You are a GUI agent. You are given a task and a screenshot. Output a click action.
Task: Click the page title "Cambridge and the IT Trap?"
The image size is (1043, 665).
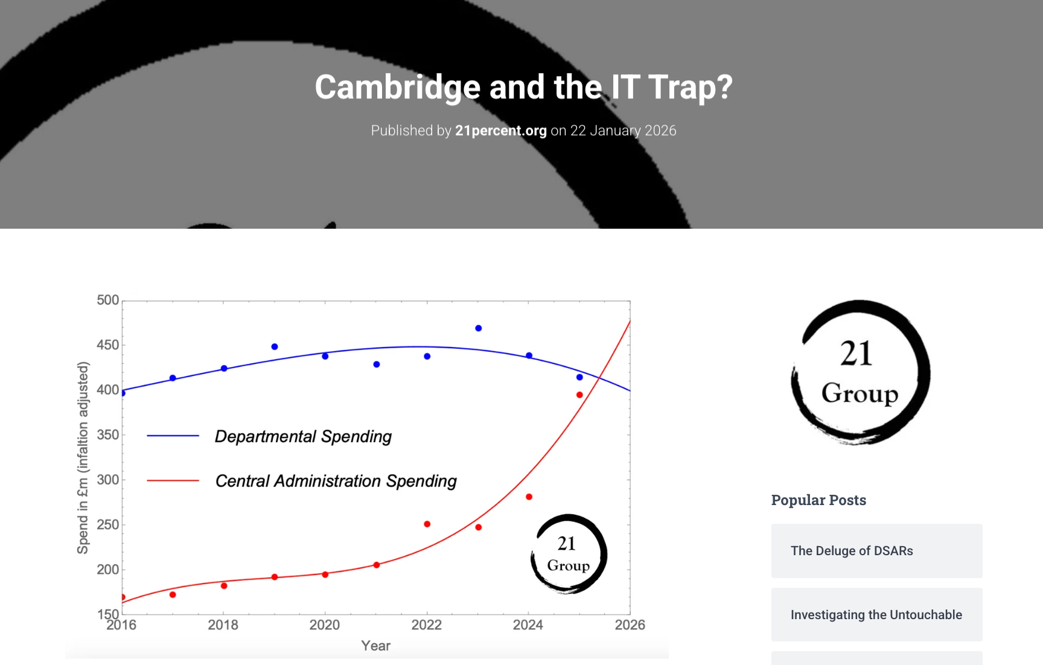[x=523, y=87]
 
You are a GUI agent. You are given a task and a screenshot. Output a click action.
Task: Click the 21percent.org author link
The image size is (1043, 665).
[x=500, y=130]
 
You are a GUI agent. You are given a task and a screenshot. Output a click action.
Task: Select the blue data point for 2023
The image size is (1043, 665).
[x=479, y=328]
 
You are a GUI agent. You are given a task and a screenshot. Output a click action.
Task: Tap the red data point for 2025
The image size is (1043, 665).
[x=579, y=395]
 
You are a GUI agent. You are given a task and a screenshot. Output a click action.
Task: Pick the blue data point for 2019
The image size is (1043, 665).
[x=275, y=347]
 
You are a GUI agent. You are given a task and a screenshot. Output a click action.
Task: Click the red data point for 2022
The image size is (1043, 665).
[x=427, y=524]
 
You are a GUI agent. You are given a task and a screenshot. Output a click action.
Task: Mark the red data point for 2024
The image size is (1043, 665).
[x=529, y=497]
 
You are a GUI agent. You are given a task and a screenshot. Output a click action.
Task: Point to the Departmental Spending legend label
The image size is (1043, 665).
[x=303, y=436]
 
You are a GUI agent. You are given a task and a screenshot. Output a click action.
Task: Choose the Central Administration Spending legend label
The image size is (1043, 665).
[x=336, y=481]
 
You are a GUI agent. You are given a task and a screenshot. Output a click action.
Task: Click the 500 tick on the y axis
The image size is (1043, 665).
[x=108, y=300]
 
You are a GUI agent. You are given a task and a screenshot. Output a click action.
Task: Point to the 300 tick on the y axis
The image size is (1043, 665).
[x=108, y=480]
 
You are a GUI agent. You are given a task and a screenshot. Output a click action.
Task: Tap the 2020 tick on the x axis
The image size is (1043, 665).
[x=325, y=625]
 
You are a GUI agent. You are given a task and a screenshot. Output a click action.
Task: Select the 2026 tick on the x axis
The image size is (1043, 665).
[x=630, y=625]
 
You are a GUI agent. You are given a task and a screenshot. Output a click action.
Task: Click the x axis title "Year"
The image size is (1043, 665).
[x=375, y=646]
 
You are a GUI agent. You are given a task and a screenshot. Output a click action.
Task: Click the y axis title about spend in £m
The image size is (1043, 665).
[x=83, y=457]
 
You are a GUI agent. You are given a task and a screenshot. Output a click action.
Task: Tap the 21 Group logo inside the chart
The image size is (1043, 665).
[x=569, y=554]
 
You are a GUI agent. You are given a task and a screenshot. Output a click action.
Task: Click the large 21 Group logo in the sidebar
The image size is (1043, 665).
[x=860, y=372]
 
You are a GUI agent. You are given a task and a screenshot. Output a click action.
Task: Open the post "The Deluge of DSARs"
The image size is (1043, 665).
[x=852, y=551]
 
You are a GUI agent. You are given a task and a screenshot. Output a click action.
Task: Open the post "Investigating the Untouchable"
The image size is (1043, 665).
[x=876, y=615]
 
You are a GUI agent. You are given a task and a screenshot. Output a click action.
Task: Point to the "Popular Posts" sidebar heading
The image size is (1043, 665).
[x=818, y=500]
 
